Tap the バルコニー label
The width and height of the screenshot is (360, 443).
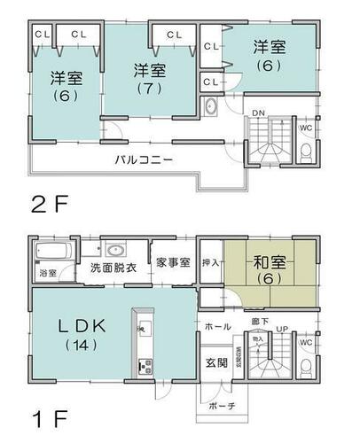pyautogui.click(x=143, y=159)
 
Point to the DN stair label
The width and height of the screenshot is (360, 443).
pyautogui.click(x=257, y=114)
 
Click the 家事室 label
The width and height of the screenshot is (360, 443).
pyautogui.click(x=172, y=263)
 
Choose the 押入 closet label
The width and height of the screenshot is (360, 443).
pyautogui.click(x=209, y=264)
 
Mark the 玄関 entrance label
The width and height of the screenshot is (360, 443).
pyautogui.click(x=217, y=362)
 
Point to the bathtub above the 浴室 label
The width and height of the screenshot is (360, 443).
pyautogui.click(x=48, y=253)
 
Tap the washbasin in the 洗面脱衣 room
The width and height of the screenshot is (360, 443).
pyautogui.click(x=113, y=248)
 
